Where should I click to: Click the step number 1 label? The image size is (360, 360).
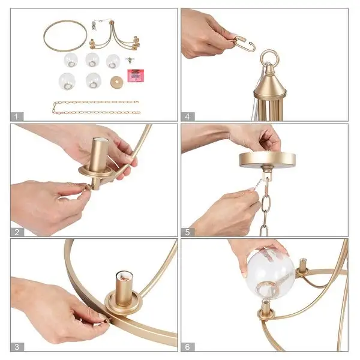[16, 116]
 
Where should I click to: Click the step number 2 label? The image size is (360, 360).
[17, 232]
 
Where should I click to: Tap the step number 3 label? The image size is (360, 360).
[17, 347]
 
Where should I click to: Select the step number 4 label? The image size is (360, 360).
[188, 116]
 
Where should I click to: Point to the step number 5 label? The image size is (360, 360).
[188, 232]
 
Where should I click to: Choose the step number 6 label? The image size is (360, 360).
[188, 347]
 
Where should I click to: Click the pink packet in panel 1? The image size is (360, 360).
[136, 76]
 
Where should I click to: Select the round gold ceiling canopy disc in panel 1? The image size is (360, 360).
[116, 82]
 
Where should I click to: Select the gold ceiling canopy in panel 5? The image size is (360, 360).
[267, 159]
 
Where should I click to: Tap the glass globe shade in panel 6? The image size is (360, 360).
[271, 275]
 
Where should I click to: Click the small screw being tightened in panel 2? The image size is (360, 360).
[88, 187]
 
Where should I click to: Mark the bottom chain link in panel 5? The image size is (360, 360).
[264, 230]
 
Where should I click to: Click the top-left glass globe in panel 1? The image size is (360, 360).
[71, 60]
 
